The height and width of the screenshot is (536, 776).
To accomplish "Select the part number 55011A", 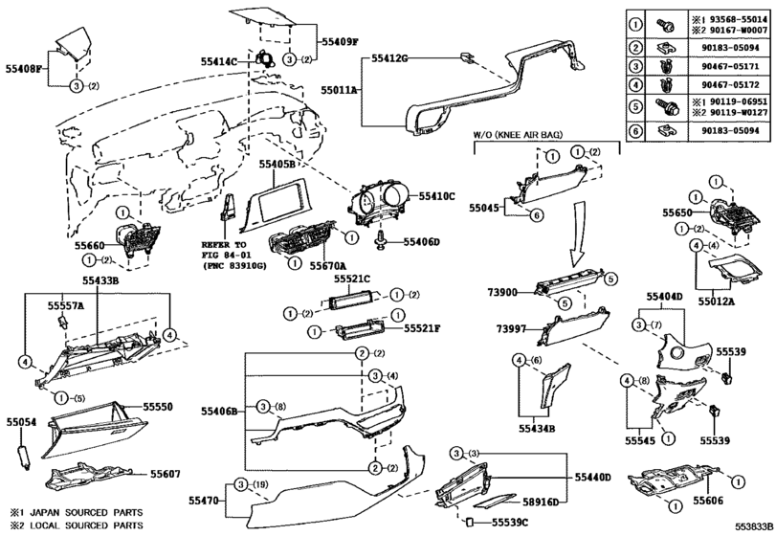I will coord(339,88).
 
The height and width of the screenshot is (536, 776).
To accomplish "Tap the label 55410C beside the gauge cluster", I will coord(437,196).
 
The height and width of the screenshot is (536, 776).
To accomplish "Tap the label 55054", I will coord(21,421).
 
